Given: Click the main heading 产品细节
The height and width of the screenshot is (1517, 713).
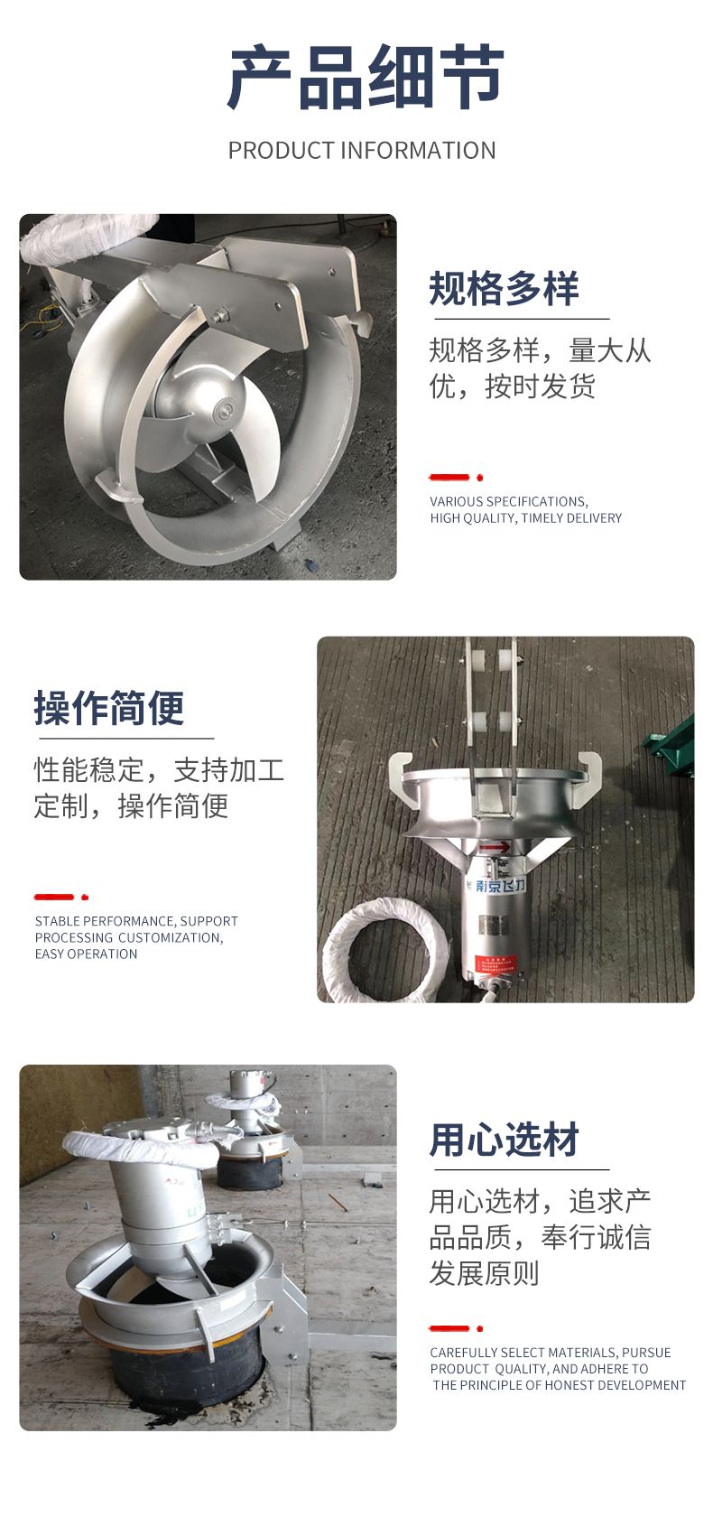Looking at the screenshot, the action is pyautogui.click(x=365, y=78).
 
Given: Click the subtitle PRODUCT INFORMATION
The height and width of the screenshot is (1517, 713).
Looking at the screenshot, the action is pyautogui.click(x=362, y=150).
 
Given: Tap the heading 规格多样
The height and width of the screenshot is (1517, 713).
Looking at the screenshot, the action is pyautogui.click(x=505, y=289).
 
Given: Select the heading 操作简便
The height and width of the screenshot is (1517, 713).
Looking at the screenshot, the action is pyautogui.click(x=109, y=708).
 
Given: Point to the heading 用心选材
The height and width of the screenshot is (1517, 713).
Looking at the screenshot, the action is pyautogui.click(x=505, y=1140).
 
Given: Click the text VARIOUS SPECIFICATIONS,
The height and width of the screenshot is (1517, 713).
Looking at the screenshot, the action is pyautogui.click(x=509, y=502).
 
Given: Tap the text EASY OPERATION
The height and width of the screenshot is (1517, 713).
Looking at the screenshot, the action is pyautogui.click(x=86, y=954).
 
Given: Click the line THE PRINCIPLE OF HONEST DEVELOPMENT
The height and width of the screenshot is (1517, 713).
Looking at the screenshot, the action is pyautogui.click(x=560, y=1385).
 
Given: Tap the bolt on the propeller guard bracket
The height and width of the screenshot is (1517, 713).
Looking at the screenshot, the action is pyautogui.click(x=220, y=315).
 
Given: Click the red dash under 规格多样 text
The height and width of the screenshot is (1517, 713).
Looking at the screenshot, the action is pyautogui.click(x=449, y=478).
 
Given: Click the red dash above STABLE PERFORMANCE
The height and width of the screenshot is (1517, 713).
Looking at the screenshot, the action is pyautogui.click(x=54, y=897).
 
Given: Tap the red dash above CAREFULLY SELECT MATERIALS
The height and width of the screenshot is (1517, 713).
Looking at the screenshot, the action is pyautogui.click(x=449, y=1328).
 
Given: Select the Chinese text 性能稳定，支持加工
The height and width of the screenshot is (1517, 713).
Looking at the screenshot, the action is pyautogui.click(x=159, y=771).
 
